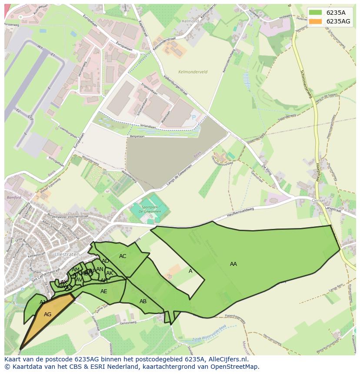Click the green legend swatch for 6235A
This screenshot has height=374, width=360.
tap(316, 13)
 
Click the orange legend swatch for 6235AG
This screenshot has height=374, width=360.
tap(316, 21)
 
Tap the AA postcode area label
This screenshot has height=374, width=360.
tap(233, 264)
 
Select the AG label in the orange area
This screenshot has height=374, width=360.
tap(48, 314)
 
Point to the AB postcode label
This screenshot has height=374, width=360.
tap(143, 301)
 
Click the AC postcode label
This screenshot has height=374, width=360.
tap(123, 256)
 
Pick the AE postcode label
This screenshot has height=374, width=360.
tap(103, 291)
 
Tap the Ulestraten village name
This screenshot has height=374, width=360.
tap(65, 254)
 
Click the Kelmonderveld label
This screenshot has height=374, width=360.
tap(193, 72)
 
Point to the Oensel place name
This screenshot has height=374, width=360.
tap(319, 200)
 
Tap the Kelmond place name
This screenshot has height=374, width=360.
tap(190, 21)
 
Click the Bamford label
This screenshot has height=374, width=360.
tap(14, 198)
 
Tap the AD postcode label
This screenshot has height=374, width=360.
tap(105, 261)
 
